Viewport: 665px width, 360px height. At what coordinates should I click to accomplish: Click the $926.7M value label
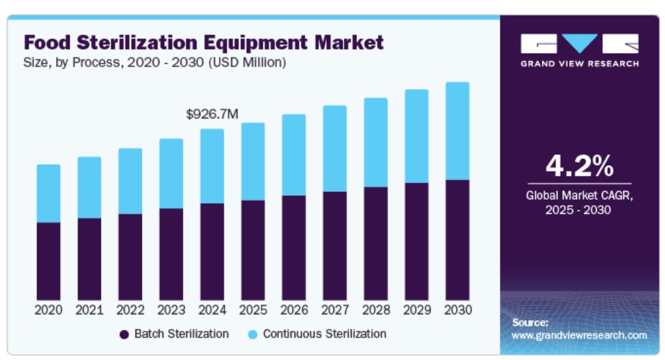click(x=212, y=115)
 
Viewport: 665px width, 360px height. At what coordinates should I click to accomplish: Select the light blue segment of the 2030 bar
click(x=457, y=131)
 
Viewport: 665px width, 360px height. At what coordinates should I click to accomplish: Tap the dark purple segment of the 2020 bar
click(x=48, y=261)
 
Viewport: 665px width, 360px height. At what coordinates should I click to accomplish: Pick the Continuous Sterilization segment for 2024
click(x=212, y=166)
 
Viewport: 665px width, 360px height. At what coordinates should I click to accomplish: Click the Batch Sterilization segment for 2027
click(x=335, y=245)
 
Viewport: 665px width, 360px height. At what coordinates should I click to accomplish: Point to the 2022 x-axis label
click(x=130, y=310)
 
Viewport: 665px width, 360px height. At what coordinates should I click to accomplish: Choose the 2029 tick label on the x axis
click(x=416, y=310)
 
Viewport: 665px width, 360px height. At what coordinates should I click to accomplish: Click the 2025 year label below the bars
click(x=253, y=310)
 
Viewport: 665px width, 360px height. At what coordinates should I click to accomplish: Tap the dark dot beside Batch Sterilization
click(x=124, y=335)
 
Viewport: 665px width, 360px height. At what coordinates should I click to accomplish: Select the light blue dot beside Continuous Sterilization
click(x=253, y=335)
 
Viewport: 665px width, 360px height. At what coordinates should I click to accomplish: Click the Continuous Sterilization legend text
click(x=324, y=334)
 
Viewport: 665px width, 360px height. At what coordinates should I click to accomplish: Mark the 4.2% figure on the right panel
click(x=579, y=166)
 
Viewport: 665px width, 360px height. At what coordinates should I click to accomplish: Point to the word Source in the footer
click(x=530, y=322)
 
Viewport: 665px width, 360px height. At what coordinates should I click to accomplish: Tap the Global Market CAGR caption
click(x=579, y=195)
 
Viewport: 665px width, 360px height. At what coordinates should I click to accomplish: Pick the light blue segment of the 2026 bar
click(x=294, y=155)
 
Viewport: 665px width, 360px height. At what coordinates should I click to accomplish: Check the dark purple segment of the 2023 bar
click(x=171, y=254)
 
